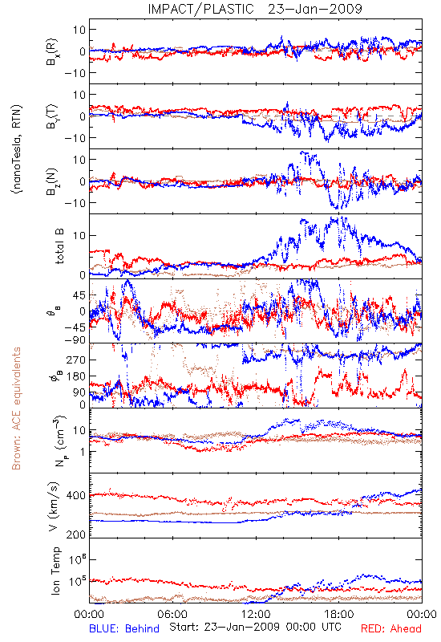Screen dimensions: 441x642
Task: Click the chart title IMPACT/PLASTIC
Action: [x=201, y=9]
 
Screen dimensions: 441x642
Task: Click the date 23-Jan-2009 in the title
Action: [x=315, y=9]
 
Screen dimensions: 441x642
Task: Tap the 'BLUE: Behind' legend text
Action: [x=124, y=628]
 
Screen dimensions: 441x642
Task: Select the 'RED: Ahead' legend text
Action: [x=391, y=628]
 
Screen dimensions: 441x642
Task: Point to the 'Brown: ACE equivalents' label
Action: [x=16, y=408]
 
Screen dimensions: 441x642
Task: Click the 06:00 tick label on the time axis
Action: [x=172, y=614]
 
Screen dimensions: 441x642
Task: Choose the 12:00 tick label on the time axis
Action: [x=256, y=614]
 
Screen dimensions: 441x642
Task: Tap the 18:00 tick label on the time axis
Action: [x=339, y=614]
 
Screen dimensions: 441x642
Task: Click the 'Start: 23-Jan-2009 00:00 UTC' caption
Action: [x=255, y=627]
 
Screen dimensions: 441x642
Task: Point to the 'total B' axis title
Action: [x=59, y=246]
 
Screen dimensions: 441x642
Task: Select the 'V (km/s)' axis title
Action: [x=54, y=506]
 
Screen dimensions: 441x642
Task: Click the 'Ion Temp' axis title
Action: [x=55, y=571]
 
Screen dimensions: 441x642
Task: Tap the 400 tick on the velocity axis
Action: [x=75, y=496]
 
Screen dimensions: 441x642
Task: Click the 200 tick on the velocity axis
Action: [x=75, y=534]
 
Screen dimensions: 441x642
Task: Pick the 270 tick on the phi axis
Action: [x=75, y=360]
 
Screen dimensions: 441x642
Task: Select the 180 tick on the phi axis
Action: [x=75, y=376]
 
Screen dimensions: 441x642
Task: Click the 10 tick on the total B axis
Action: [x=79, y=236]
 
